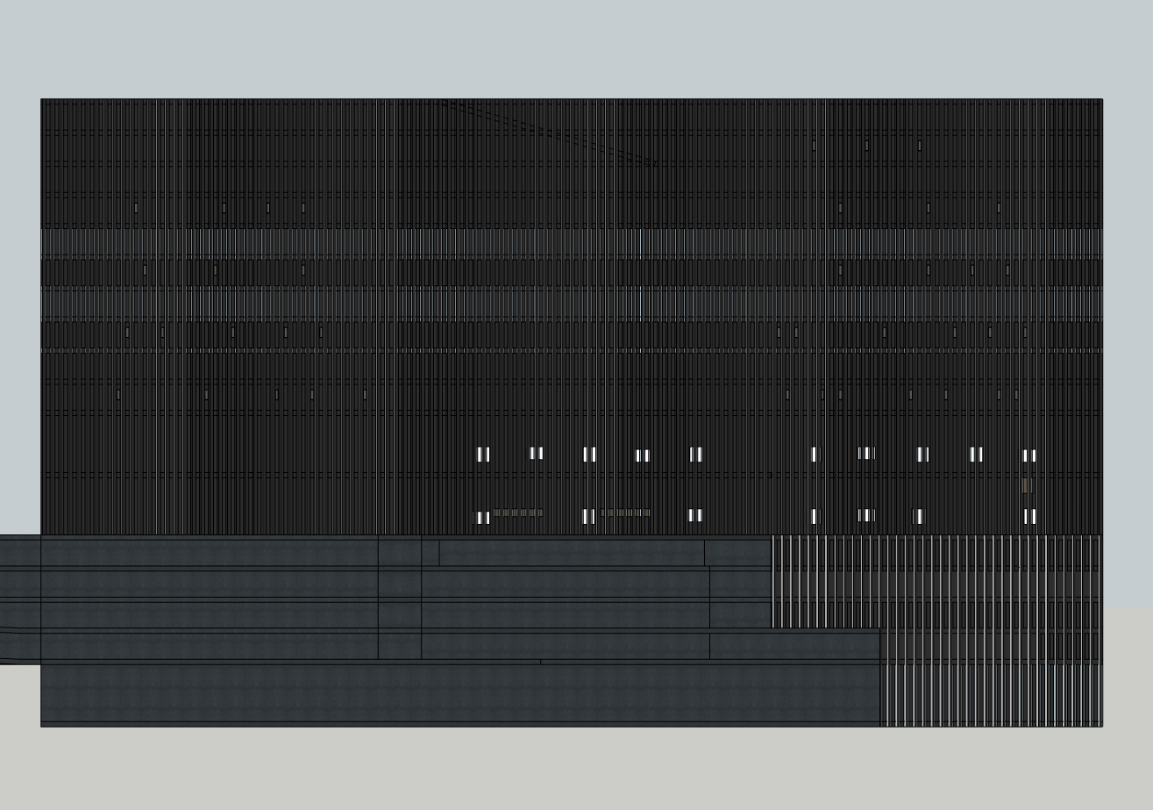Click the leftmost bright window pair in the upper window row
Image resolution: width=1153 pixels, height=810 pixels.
[483, 454]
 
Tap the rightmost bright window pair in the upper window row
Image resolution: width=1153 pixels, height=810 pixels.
[1029, 455]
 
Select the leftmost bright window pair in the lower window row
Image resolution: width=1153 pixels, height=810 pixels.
[483, 518]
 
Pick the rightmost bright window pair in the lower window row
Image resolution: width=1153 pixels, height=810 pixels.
[1029, 516]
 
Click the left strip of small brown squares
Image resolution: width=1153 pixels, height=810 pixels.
[517, 513]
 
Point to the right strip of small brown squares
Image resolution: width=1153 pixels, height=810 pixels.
[625, 513]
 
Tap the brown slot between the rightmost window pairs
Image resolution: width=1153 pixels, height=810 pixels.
[1025, 485]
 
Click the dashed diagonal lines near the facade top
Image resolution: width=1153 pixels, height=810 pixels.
[548, 132]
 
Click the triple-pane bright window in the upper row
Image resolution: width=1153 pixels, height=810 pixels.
[866, 453]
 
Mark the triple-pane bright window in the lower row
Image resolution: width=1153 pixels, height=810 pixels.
[866, 515]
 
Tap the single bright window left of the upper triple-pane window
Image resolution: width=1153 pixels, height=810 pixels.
[814, 454]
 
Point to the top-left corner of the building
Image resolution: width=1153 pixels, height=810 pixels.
[42, 100]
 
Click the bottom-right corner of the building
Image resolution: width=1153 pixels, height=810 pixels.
[1101, 725]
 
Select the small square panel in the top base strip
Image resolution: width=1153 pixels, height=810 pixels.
[430, 552]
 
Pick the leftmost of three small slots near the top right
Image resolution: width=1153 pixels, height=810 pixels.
[814, 146]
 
